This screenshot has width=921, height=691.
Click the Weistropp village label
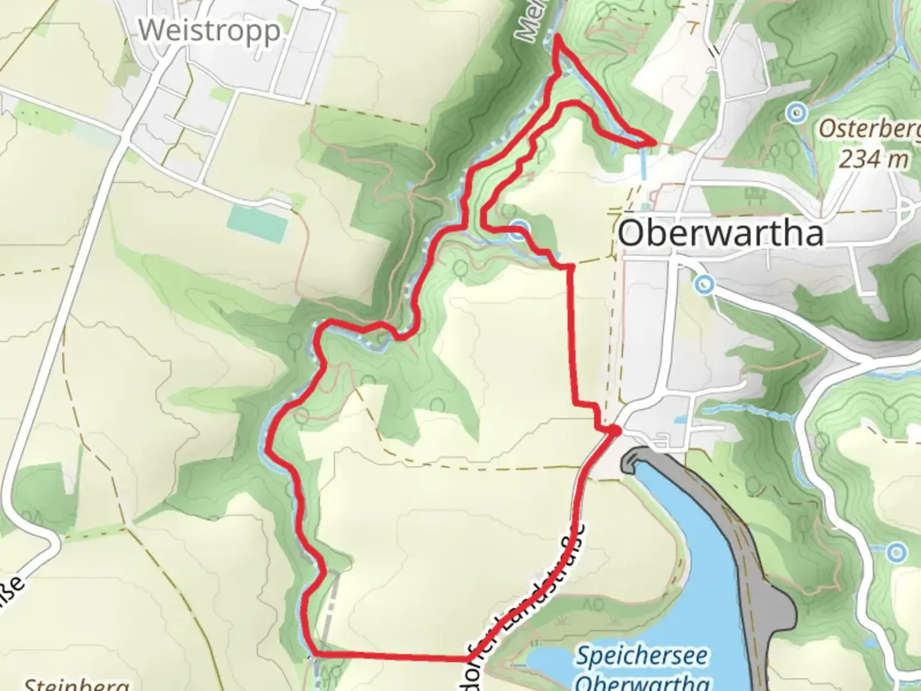pos(209,30)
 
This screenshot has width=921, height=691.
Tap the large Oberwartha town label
pos(720,234)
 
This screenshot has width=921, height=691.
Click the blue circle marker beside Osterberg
pos(796,114)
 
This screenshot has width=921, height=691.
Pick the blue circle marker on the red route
pos(519,231)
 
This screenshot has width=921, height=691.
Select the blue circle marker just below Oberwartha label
pos(705,283)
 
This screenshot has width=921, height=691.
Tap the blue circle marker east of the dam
pos(897,552)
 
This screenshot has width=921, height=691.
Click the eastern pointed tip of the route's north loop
pos(653,142)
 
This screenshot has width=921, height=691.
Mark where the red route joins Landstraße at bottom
pos(469,658)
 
